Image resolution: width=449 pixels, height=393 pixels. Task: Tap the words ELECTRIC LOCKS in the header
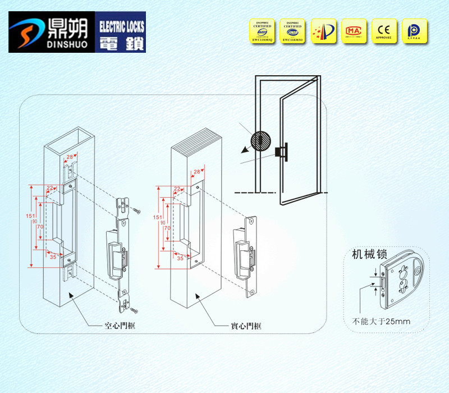tap(121, 26)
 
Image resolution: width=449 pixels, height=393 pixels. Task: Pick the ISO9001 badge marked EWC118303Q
tap(263, 31)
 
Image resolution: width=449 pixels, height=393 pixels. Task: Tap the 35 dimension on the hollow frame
tap(53, 257)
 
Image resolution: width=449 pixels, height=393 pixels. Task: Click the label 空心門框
tap(120, 326)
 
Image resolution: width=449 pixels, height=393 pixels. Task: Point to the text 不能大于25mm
tap(381, 322)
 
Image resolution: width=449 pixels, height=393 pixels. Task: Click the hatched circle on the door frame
tap(261, 140)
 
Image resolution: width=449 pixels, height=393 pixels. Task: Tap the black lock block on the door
tap(281, 152)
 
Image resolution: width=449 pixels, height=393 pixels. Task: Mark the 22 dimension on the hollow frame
tap(51, 188)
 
